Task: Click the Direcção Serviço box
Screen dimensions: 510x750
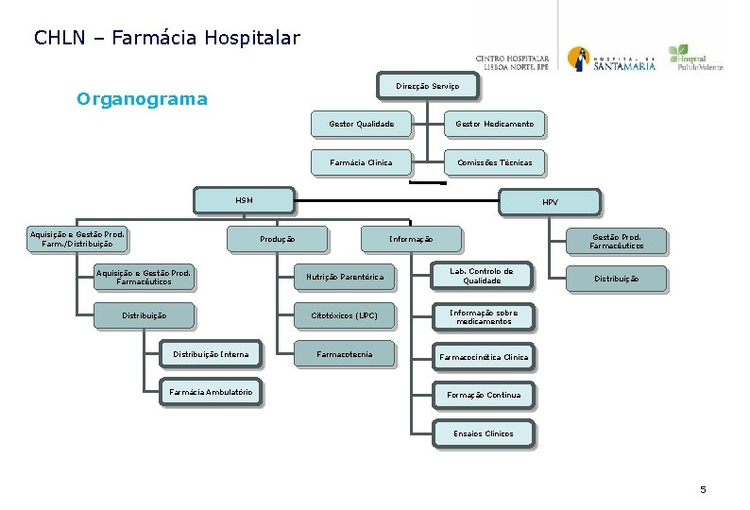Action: click(427, 86)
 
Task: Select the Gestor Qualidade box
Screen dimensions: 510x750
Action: click(361, 124)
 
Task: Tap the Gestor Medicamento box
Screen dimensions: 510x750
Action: click(494, 124)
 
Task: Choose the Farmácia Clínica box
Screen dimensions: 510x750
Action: click(361, 162)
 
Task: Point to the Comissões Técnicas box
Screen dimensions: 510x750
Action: click(494, 162)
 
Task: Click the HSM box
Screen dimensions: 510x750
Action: click(244, 200)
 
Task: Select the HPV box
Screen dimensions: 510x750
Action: click(550, 202)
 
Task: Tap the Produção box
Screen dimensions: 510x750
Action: click(277, 239)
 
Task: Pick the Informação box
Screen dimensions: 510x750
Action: click(411, 239)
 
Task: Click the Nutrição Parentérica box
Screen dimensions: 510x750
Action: click(344, 277)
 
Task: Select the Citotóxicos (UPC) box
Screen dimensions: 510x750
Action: click(344, 314)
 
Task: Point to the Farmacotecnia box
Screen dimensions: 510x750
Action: click(344, 354)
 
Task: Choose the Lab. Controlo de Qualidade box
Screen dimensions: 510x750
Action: click(481, 275)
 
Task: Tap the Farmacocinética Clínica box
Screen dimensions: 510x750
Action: click(483, 357)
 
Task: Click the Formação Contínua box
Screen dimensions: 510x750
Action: click(483, 395)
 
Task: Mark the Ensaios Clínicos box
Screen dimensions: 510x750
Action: click(483, 433)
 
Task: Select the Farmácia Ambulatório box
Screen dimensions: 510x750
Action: click(210, 392)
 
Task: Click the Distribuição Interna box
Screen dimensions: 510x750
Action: click(210, 354)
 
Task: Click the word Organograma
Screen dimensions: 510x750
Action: click(142, 99)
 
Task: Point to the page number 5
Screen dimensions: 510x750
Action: click(703, 489)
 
